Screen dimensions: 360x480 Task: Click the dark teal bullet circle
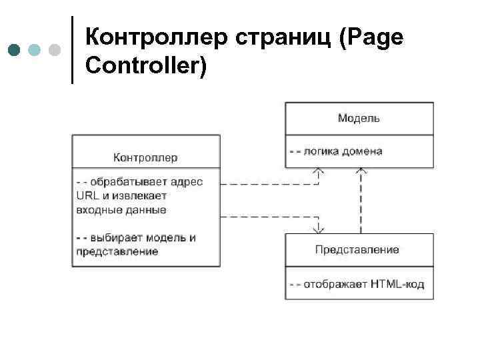pos(15,50)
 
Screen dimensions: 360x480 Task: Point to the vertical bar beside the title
pos(71,50)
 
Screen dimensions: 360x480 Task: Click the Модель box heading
pos(359,118)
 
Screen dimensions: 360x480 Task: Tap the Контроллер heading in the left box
pos(145,157)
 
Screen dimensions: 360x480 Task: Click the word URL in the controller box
pos(86,195)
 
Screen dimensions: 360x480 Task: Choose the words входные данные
pos(121,209)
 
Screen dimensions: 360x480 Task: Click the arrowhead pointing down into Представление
pos(319,228)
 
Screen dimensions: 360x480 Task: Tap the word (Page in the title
pos(371,38)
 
